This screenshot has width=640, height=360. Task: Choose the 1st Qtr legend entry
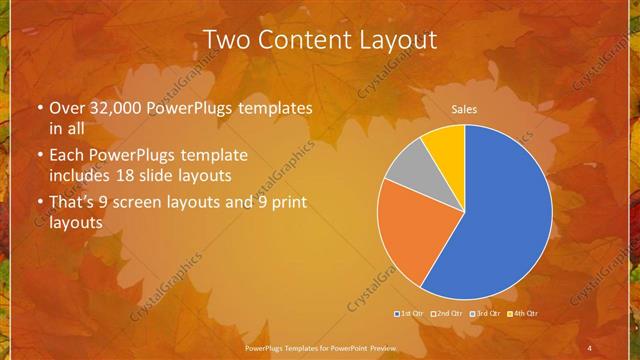pos(412,314)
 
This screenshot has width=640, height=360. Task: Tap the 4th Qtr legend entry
pos(522,314)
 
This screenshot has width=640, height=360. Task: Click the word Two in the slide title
pos(227,40)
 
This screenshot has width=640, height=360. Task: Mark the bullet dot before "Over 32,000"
pos(38,108)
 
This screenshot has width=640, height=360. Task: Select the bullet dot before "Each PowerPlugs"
pos(38,156)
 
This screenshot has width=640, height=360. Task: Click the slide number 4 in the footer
pos(589,347)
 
